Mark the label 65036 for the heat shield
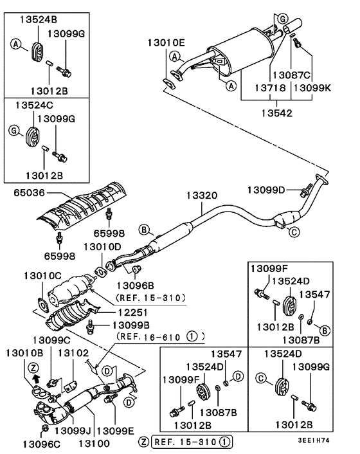(x=26, y=192)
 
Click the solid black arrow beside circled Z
(x=36, y=379)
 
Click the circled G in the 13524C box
(x=15, y=132)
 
